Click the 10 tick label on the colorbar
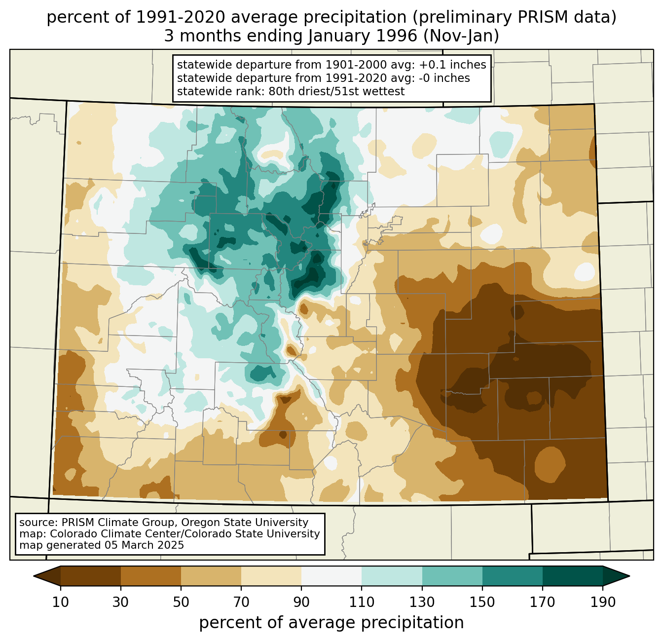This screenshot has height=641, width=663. [61, 602]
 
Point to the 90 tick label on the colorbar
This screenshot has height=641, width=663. [301, 602]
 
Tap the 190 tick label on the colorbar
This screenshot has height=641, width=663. [603, 602]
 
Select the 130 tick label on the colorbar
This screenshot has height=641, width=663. [422, 602]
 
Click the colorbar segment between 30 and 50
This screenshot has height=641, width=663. [151, 576]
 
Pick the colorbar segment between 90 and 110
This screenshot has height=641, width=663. [331, 576]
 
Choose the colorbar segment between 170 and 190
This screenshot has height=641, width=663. [573, 576]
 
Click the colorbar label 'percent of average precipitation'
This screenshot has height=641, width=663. [331, 623]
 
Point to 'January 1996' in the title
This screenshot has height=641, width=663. [363, 36]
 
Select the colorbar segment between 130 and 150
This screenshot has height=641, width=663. [452, 576]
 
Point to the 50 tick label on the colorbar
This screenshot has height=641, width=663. [181, 602]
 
